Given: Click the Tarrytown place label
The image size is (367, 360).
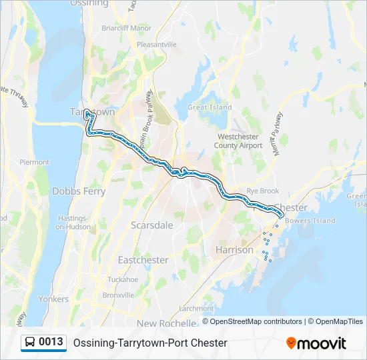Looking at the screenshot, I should point(93,112).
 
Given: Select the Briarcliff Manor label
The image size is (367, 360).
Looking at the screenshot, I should point(126,29).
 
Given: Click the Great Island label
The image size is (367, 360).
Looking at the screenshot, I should point(210,107).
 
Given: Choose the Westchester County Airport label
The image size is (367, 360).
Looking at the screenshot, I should point(239,141).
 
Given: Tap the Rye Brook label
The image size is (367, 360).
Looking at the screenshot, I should point(262,191).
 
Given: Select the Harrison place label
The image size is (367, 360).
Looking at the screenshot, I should point(234,250).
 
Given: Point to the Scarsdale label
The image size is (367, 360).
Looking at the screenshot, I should point(151,225).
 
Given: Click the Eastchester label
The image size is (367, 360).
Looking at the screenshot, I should point(143,259).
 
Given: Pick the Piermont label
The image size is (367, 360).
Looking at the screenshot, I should point(35,162).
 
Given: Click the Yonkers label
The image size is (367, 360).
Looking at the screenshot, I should point(53,299).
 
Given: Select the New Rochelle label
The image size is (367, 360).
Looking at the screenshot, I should point(167,323).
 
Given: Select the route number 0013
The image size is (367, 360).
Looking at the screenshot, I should point(51,343).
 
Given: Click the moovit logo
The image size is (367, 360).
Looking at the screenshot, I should point(316,343).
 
